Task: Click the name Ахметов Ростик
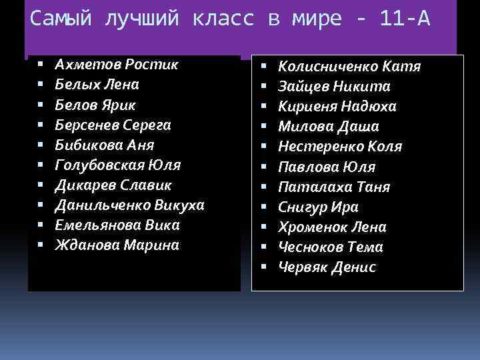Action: [117, 65]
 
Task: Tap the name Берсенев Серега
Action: [113, 125]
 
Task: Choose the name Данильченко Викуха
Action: [129, 205]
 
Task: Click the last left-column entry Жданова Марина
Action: [117, 245]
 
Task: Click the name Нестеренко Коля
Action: [340, 147]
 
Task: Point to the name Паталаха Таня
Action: [334, 187]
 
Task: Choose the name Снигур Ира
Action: [318, 207]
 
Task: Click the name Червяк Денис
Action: [327, 267]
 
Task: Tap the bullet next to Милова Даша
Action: [264, 127]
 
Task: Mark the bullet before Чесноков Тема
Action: [264, 247]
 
